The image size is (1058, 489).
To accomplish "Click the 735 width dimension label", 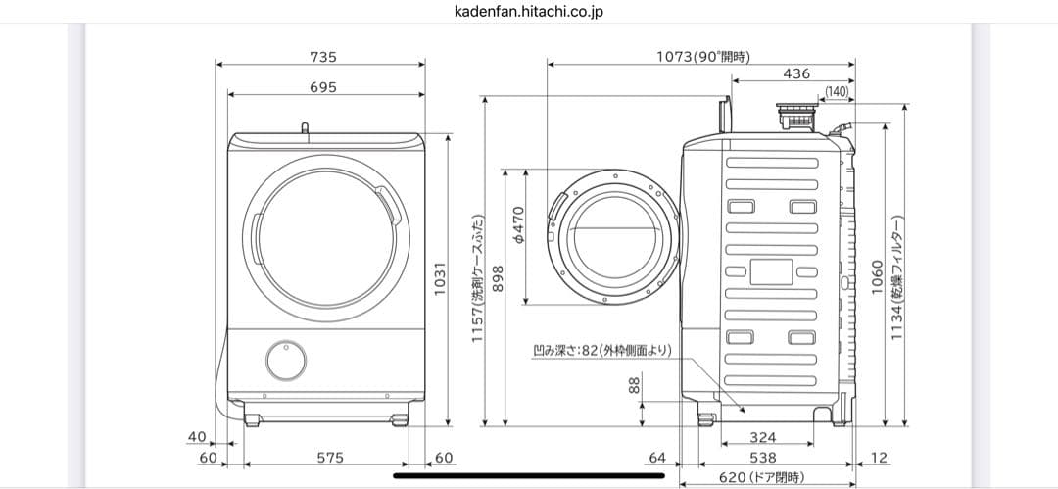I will click(322, 57).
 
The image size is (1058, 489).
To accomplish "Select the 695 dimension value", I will click(322, 87).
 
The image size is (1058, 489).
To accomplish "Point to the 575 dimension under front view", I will click(322, 457).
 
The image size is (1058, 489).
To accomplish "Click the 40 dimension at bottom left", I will click(197, 436).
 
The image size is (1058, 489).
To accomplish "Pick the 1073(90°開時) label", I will click(702, 57).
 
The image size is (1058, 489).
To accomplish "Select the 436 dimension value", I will click(796, 73).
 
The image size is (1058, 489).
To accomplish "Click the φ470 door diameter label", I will click(519, 223).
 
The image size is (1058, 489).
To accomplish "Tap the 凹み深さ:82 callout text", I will click(601, 350).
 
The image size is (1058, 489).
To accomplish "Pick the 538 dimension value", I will click(763, 457).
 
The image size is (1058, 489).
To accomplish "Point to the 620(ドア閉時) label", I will click(761, 477).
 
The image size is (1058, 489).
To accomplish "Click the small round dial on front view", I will click(285, 360).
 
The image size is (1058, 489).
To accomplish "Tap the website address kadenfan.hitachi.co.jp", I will click(528, 12).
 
